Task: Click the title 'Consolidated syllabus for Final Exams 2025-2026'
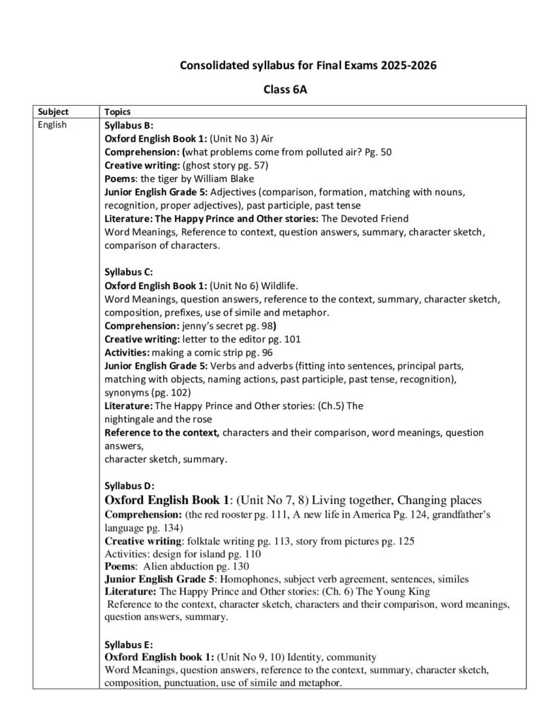coord(308,66)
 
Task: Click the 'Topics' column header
coord(116,112)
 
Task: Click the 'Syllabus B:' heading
coord(124,125)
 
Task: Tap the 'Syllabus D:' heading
coord(124,486)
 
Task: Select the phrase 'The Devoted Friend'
coord(365,219)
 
